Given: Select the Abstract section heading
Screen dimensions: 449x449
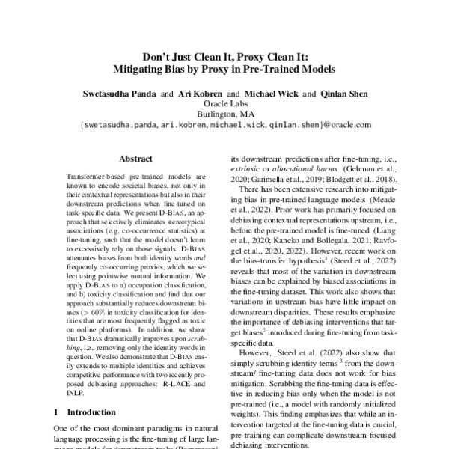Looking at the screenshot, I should tap(135, 159).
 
